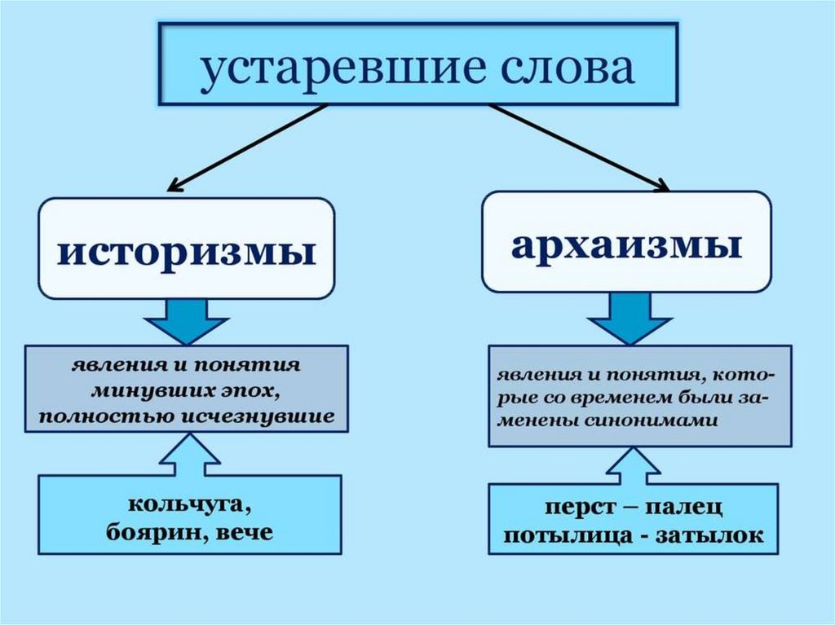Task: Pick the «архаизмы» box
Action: coord(626,243)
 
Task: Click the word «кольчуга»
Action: coord(187,504)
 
